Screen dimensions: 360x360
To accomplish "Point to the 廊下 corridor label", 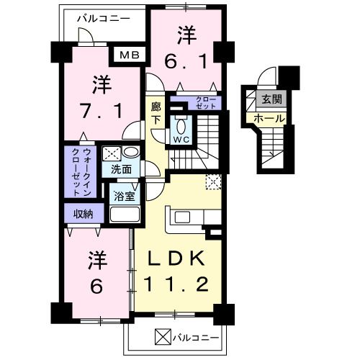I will click(156, 114).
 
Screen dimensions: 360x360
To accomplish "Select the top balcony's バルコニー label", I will click(103, 17).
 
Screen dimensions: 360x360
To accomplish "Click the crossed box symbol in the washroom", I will click(111, 153).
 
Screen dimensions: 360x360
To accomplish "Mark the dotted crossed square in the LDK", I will click(213, 182).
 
